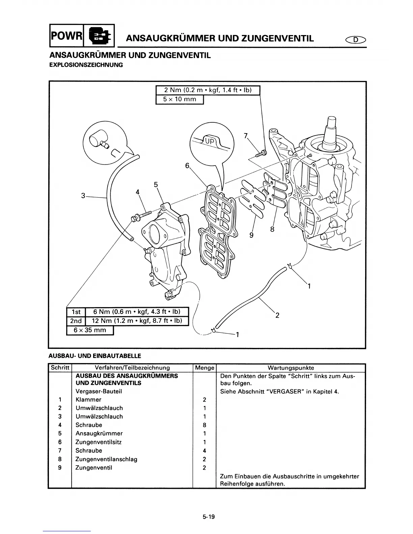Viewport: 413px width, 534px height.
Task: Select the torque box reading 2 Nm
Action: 208,90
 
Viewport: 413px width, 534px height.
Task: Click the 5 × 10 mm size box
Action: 180,100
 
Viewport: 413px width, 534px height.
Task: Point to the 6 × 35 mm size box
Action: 90,330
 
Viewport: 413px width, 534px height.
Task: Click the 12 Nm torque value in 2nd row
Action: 137,321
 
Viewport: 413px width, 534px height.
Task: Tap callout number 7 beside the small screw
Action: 246,136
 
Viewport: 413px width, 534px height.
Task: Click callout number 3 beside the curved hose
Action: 83,195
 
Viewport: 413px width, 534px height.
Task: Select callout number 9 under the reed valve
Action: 251,235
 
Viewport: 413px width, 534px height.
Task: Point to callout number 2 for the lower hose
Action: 277,316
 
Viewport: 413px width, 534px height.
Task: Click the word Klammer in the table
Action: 88,399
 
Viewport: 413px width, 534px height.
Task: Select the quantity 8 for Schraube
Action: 204,425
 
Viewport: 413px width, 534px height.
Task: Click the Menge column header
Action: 204,368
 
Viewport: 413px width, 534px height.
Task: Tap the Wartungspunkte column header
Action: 291,368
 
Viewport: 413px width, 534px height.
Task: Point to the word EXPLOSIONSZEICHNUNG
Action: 86,65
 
